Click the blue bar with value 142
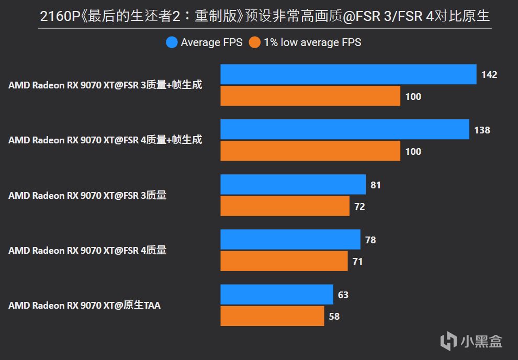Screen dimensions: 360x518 pos(348,74)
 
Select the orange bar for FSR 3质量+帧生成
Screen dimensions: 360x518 pos(310,96)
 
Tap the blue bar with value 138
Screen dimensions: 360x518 pos(344,130)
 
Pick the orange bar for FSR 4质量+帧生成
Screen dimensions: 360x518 pos(310,151)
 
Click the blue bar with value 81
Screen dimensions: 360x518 pos(293,185)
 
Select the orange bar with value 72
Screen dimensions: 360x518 pos(285,206)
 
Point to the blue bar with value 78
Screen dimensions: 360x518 pos(290,240)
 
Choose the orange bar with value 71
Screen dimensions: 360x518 pos(284,261)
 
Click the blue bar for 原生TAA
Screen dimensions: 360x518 pos(277,295)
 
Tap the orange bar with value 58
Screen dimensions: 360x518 pos(272,316)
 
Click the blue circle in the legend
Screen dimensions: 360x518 pos(172,42)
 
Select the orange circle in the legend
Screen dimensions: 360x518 pos(255,42)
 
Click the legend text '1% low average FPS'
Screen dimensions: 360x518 pos(312,42)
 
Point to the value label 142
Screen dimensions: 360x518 pos(489,75)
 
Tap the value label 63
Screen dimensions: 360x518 pos(343,295)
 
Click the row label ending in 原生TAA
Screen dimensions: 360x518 pos(84,305)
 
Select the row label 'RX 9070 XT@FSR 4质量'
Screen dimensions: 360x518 pos(87,250)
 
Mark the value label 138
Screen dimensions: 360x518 pos(482,130)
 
